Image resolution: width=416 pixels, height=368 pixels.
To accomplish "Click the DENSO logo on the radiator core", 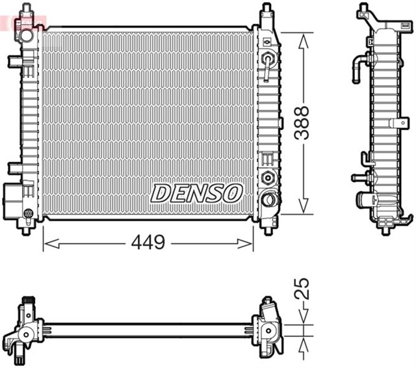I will point(197,192).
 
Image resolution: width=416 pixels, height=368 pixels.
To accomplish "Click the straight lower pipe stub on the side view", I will point(359,177).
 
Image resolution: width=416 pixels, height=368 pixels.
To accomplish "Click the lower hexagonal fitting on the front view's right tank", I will point(266,177).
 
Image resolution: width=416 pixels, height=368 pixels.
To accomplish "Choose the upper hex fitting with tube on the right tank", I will point(266,60).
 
